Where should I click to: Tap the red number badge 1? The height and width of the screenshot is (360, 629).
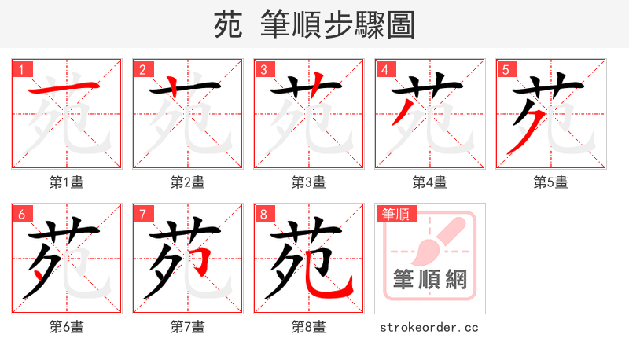coord(21,69)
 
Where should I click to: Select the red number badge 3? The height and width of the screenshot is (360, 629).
coord(263,69)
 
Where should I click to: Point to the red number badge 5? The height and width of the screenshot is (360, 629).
coord(506,69)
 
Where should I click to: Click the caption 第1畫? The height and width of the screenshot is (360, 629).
coord(66,182)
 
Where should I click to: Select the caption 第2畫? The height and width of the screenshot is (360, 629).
coord(187,182)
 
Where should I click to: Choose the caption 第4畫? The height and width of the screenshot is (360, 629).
coord(429,182)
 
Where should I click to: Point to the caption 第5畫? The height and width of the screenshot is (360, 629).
coord(550,182)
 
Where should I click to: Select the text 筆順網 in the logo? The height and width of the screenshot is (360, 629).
coord(429,279)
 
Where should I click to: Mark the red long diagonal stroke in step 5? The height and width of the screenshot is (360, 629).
coord(520,134)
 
